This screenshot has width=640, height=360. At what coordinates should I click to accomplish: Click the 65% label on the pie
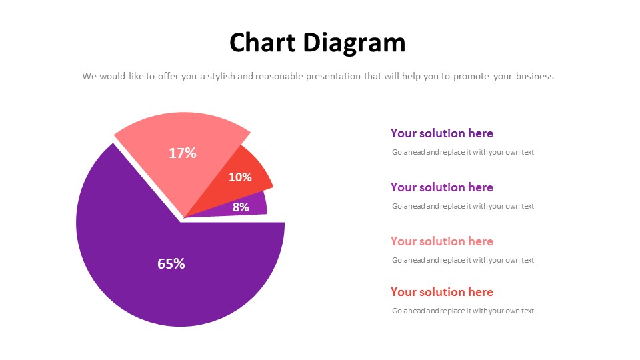(x=171, y=264)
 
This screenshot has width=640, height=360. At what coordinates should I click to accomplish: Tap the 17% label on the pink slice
(x=183, y=153)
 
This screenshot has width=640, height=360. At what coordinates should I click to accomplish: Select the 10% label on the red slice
(x=240, y=177)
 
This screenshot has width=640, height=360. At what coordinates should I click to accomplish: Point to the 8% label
(x=241, y=207)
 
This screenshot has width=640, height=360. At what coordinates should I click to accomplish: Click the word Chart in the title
(x=262, y=43)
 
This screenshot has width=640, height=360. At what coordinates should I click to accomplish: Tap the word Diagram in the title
(x=354, y=43)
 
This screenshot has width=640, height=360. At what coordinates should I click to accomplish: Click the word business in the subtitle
(x=535, y=76)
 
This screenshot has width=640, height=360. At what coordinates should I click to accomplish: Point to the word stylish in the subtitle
(x=221, y=76)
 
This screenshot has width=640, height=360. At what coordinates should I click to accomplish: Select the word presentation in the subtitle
(x=333, y=76)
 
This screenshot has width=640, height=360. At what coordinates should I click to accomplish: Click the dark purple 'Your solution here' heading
(x=441, y=133)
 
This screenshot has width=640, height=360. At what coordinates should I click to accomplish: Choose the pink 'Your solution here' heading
(x=441, y=241)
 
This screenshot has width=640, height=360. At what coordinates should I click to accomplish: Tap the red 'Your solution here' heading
(x=441, y=292)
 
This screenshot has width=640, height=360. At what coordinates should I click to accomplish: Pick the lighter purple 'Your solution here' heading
(x=441, y=187)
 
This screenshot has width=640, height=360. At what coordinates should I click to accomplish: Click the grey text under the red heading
(x=463, y=311)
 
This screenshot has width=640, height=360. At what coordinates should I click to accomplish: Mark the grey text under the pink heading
(x=463, y=260)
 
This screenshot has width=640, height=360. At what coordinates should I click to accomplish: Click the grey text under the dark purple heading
(x=463, y=152)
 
